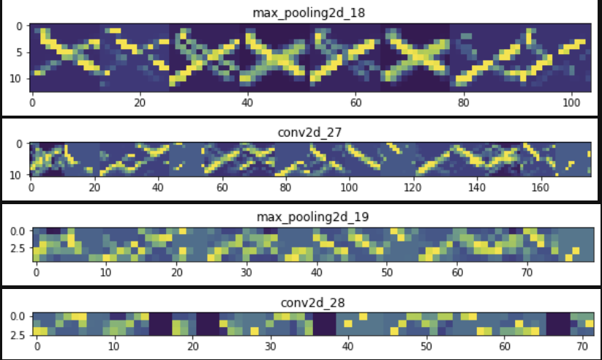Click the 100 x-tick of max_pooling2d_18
(572, 103)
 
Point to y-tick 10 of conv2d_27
(18, 173)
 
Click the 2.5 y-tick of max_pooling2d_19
(17, 248)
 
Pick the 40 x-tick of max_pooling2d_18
(248, 103)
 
